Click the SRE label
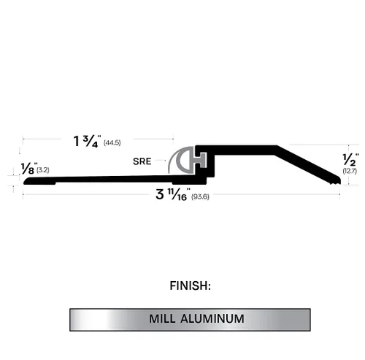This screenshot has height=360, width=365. [x=142, y=161]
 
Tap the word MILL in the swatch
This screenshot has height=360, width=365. [x=162, y=319]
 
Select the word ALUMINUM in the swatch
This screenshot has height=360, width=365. [x=212, y=319]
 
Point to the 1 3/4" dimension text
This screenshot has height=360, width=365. [x=87, y=141]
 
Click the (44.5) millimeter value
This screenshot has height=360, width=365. [x=112, y=142]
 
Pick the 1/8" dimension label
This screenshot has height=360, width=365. [x=29, y=168]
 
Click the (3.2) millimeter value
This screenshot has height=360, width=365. [x=43, y=170]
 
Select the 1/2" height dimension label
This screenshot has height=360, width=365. [x=350, y=159]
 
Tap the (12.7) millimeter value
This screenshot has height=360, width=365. [x=350, y=171]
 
